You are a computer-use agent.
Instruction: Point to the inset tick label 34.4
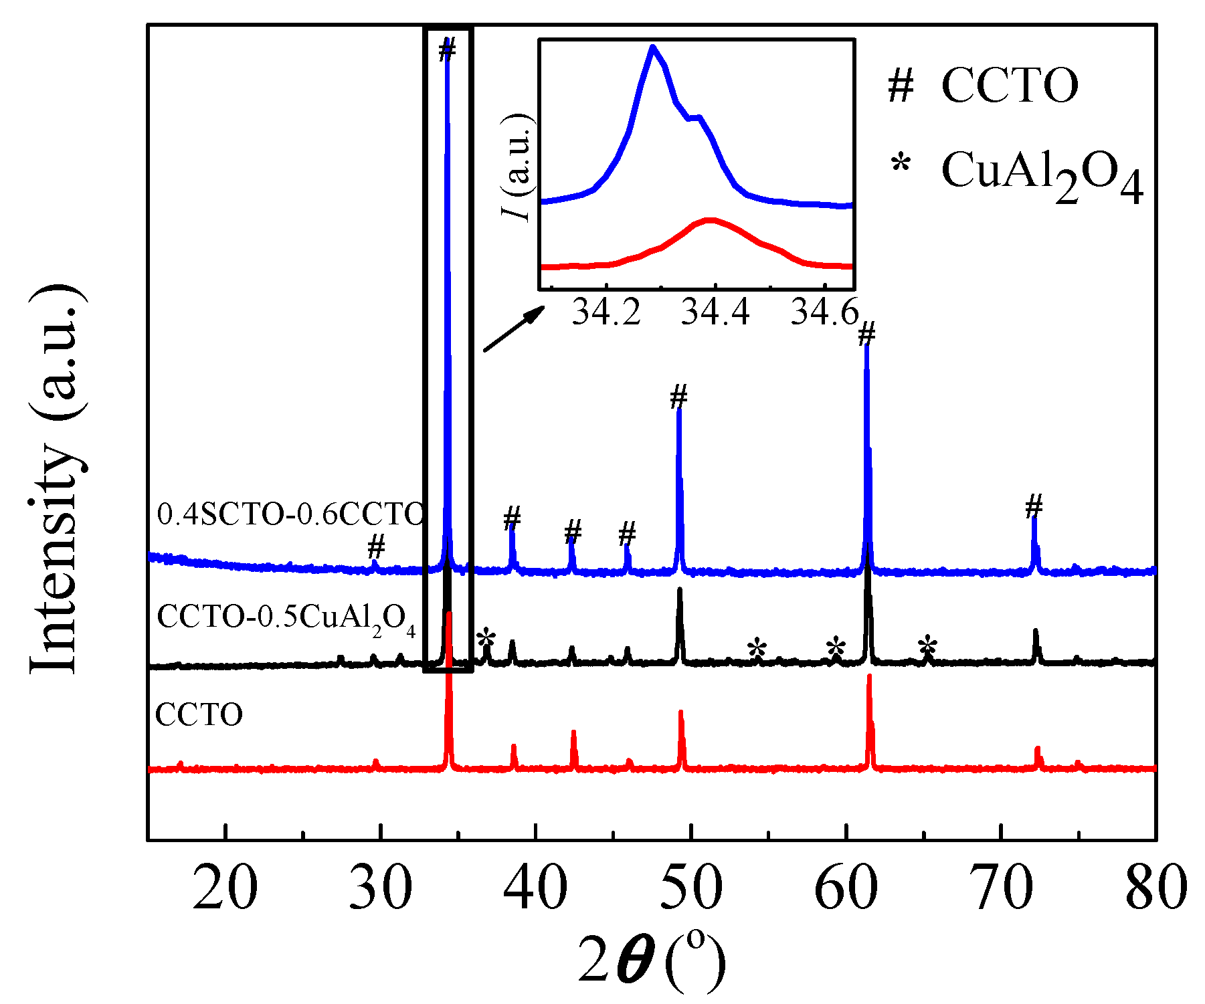pyautogui.click(x=715, y=312)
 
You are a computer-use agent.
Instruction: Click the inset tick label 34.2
pyautogui.click(x=606, y=312)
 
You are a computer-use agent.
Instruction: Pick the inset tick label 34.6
pyautogui.click(x=824, y=312)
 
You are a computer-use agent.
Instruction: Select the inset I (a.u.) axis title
pyautogui.click(x=517, y=167)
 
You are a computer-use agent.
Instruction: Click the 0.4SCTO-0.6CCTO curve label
pyautogui.click(x=290, y=514)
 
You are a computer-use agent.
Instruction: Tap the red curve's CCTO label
pyautogui.click(x=199, y=714)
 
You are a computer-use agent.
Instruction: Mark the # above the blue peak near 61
pyautogui.click(x=866, y=333)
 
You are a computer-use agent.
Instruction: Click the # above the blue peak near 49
pyautogui.click(x=678, y=397)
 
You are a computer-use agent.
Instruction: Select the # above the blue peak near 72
pyautogui.click(x=1034, y=506)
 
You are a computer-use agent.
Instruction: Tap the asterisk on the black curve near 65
pyautogui.click(x=927, y=646)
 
